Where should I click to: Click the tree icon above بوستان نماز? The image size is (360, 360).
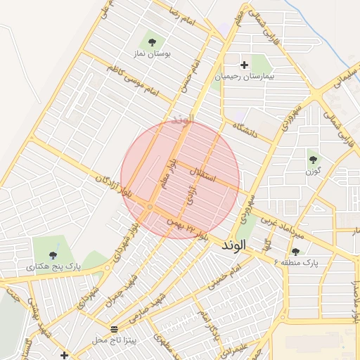click(x=152, y=42)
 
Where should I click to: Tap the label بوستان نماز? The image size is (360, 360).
click(x=151, y=53)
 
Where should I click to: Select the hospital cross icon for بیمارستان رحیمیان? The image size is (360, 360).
click(x=244, y=65)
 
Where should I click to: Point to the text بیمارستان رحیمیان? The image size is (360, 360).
click(x=244, y=75)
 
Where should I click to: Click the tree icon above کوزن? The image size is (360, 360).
click(x=313, y=160)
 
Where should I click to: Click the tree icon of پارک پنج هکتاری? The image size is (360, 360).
click(x=53, y=255)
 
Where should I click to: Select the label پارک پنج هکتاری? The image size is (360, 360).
click(x=53, y=267)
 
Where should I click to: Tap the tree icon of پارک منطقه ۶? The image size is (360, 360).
click(x=295, y=251)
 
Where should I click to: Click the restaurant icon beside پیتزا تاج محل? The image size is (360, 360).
click(x=114, y=329)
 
